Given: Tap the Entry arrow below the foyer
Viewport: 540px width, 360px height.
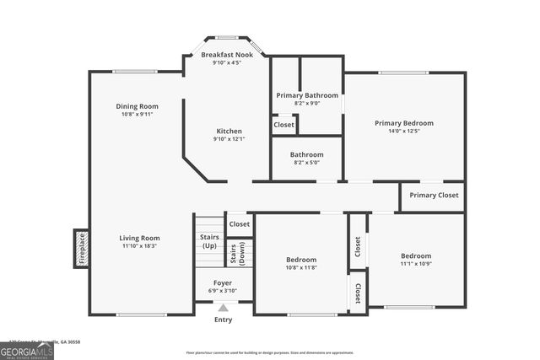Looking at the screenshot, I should (223, 309).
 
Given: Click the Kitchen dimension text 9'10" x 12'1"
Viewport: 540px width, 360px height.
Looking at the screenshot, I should (229, 139).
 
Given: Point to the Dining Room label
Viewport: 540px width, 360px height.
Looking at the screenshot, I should (137, 106).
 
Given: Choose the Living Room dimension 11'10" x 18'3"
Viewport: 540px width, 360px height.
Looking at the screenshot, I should (139, 245).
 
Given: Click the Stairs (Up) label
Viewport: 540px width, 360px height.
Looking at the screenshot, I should (209, 241).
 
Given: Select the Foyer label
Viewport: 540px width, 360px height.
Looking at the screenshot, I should (223, 282).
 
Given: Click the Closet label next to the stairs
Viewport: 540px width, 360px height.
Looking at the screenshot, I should (240, 224).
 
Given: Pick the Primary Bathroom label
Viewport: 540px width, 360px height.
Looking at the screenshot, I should (307, 95).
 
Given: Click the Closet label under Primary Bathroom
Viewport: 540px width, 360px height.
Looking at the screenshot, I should (284, 125).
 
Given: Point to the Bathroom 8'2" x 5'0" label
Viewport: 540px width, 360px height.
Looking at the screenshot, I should (306, 155).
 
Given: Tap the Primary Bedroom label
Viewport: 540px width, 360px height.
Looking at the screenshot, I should (404, 122).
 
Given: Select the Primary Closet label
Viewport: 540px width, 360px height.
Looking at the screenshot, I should (433, 196).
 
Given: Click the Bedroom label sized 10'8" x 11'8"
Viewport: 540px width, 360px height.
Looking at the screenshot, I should (300, 260).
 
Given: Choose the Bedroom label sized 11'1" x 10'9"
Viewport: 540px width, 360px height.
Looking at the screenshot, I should (416, 255).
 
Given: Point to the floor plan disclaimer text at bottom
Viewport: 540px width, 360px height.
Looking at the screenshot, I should (270, 353).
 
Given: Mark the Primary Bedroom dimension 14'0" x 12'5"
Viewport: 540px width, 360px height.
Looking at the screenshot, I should (404, 131).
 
